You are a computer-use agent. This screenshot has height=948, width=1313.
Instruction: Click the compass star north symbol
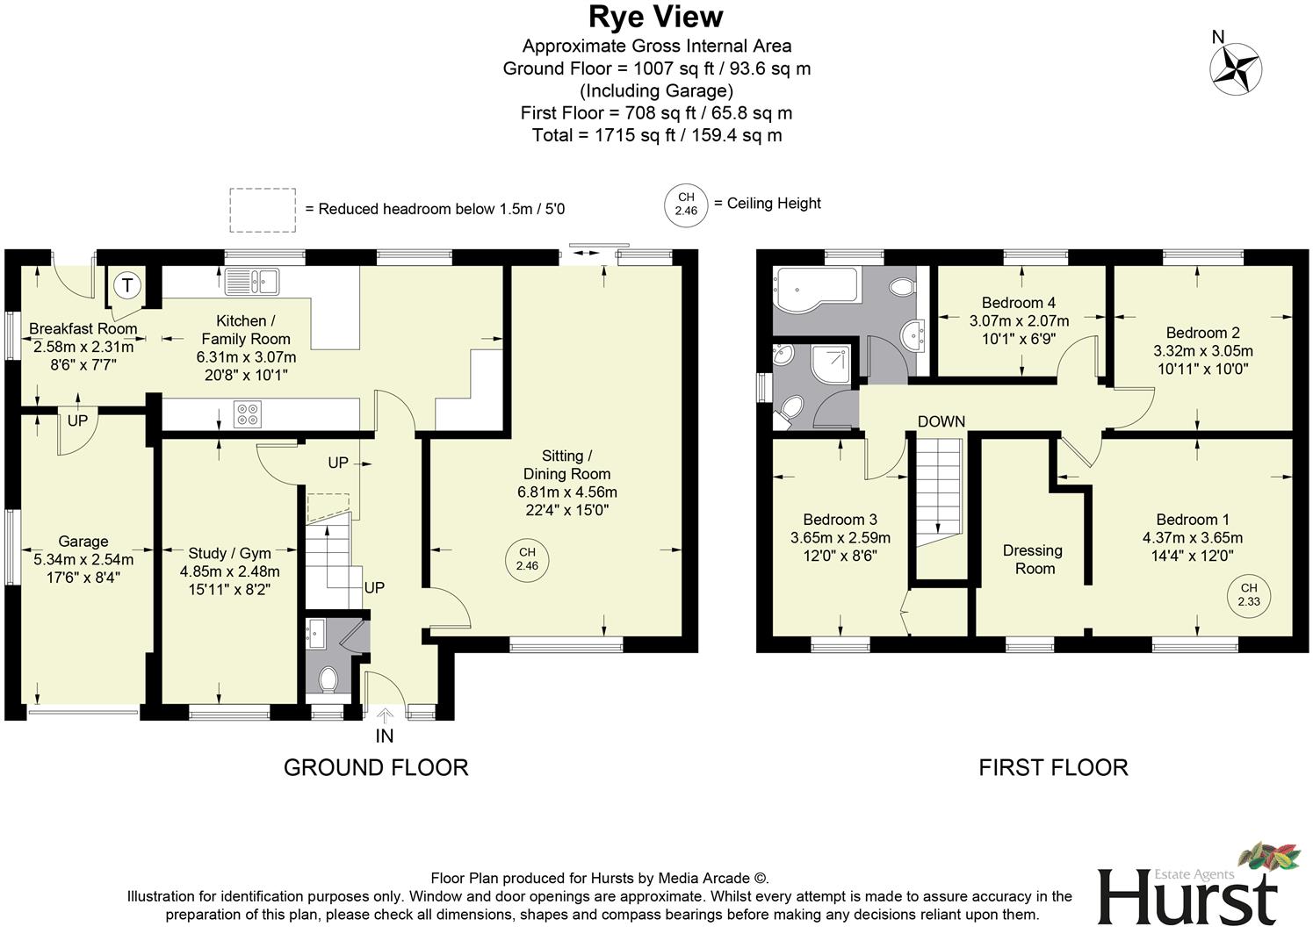(x=1237, y=67)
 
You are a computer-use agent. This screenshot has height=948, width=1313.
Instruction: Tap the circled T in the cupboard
(x=128, y=285)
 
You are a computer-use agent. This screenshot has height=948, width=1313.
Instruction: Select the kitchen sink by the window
(x=251, y=281)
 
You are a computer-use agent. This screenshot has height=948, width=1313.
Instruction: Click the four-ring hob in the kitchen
(x=248, y=413)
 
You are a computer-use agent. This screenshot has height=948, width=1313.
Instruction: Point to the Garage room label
(x=83, y=542)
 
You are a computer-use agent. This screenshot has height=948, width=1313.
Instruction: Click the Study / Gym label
(x=229, y=553)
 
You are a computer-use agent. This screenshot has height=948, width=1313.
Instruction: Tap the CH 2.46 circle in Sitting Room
(x=527, y=559)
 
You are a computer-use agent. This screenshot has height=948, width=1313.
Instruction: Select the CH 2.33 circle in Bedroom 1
(x=1248, y=594)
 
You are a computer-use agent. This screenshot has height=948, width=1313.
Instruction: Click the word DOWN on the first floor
(x=941, y=422)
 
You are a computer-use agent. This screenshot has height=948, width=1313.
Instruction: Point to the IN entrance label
(x=385, y=736)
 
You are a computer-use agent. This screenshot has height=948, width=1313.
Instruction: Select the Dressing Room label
(x=1033, y=559)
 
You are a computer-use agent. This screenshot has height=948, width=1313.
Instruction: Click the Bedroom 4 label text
(x=1019, y=303)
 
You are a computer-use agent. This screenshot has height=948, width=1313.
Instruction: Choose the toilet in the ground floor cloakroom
(x=329, y=679)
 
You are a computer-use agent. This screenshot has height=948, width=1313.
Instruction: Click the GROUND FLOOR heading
(x=376, y=767)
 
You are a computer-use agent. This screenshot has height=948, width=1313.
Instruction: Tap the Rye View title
(x=655, y=17)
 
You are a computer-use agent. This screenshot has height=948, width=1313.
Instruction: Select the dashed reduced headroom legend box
(x=263, y=210)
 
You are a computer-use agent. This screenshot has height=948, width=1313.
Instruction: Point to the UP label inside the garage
(x=77, y=421)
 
